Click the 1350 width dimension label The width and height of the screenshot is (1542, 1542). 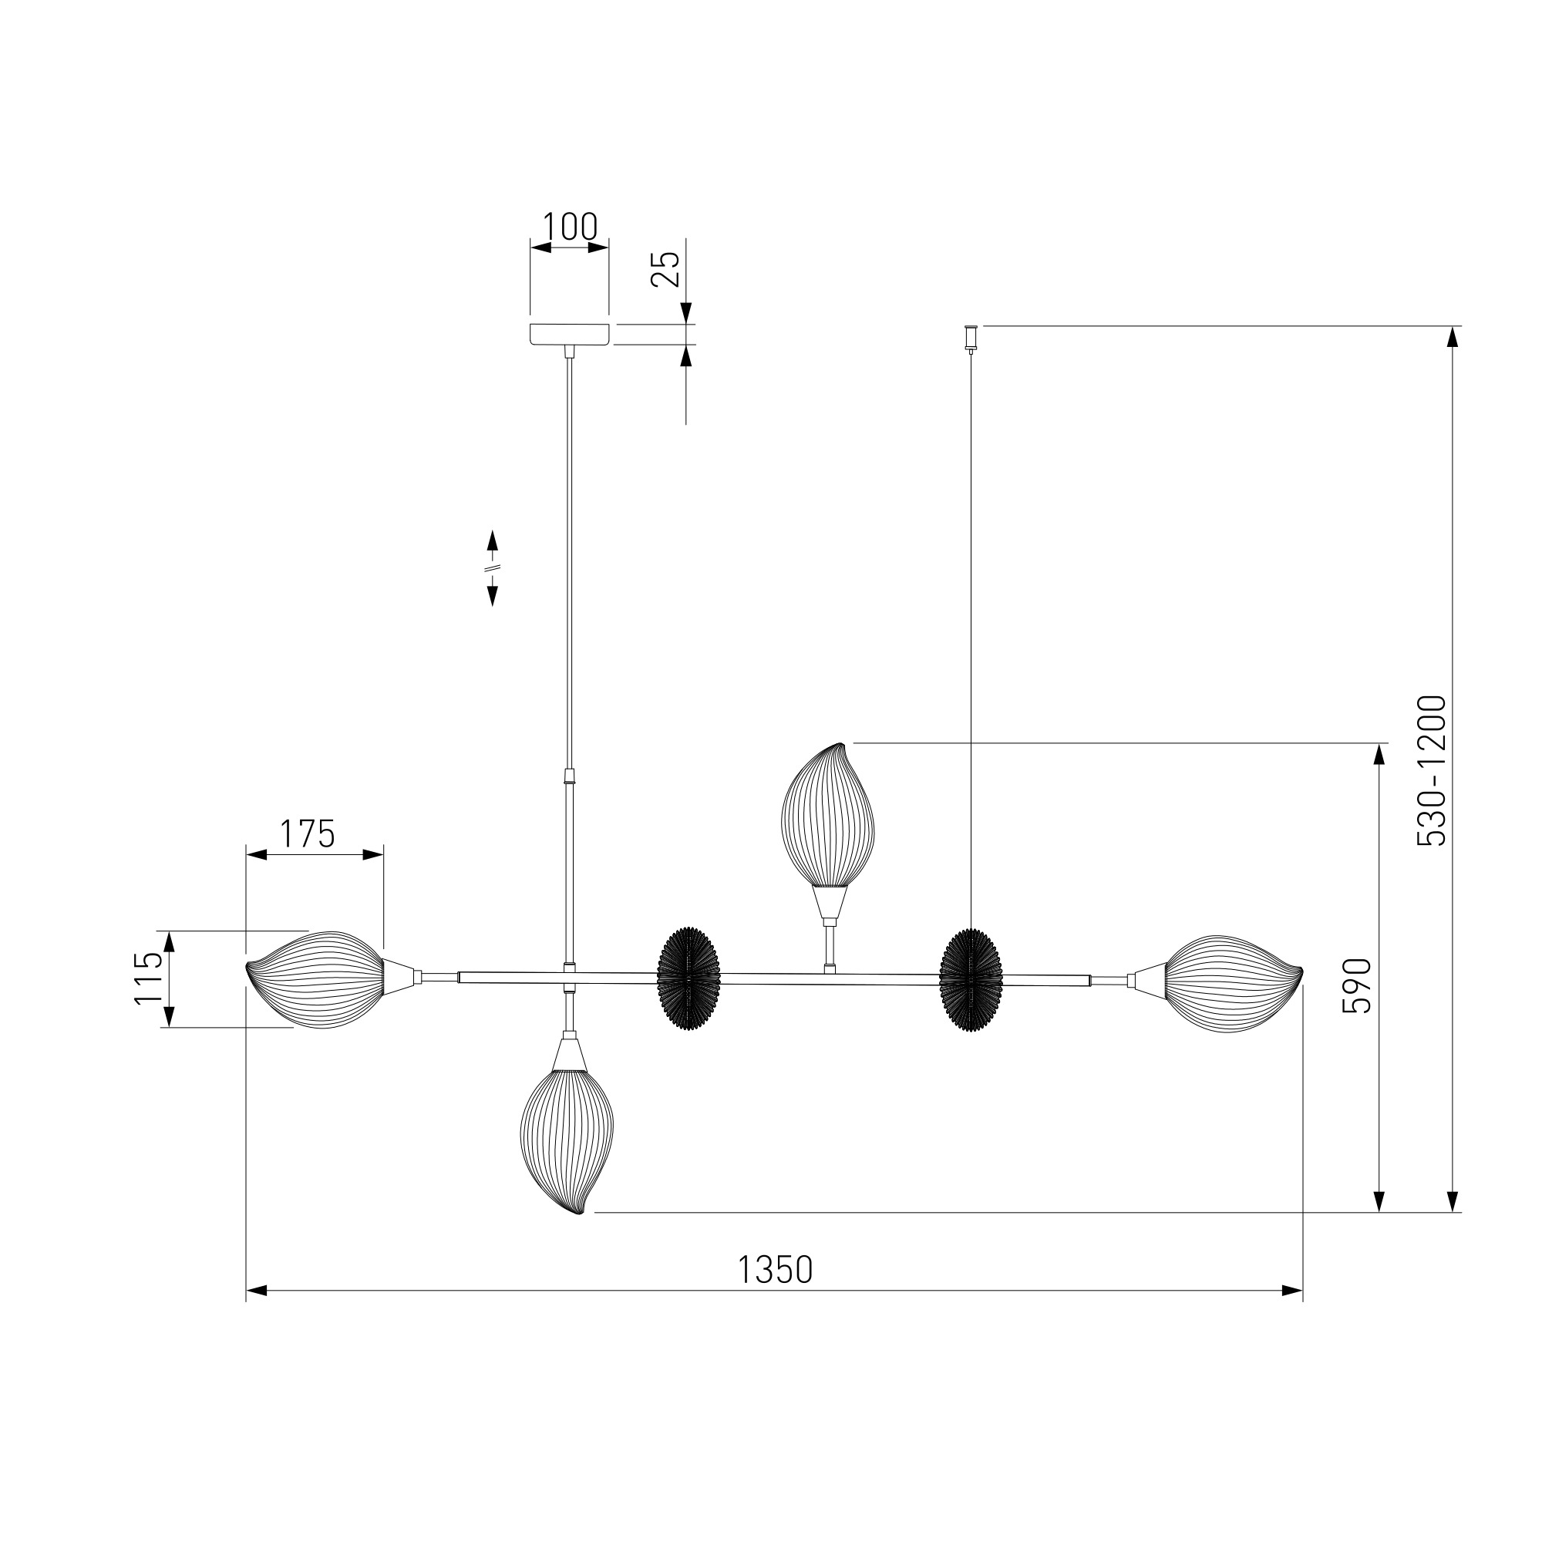[774, 1269]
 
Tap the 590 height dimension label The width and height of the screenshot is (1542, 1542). [1357, 987]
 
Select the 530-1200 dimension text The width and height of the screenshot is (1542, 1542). [1431, 771]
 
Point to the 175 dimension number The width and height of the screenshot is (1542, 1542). [308, 834]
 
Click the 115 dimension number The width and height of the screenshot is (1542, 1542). [149, 978]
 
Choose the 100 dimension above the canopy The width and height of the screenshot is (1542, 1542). [570, 227]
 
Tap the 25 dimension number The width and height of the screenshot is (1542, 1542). [665, 269]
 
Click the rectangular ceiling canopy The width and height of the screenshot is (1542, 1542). [570, 335]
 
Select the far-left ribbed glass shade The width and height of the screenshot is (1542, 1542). [316, 979]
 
